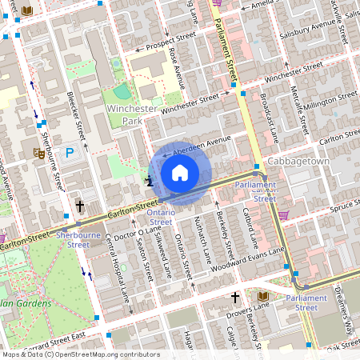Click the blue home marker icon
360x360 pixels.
tap(180, 173)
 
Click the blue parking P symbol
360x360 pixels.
tap(70, 151)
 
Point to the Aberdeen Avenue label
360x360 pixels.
tap(198, 145)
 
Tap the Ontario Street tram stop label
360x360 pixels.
tap(160, 217)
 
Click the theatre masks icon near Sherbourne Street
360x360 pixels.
tap(38, 152)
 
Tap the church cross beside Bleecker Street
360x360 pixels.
tap(80, 206)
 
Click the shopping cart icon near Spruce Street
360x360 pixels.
tap(283, 214)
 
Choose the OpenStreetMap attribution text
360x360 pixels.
tap(80, 354)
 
